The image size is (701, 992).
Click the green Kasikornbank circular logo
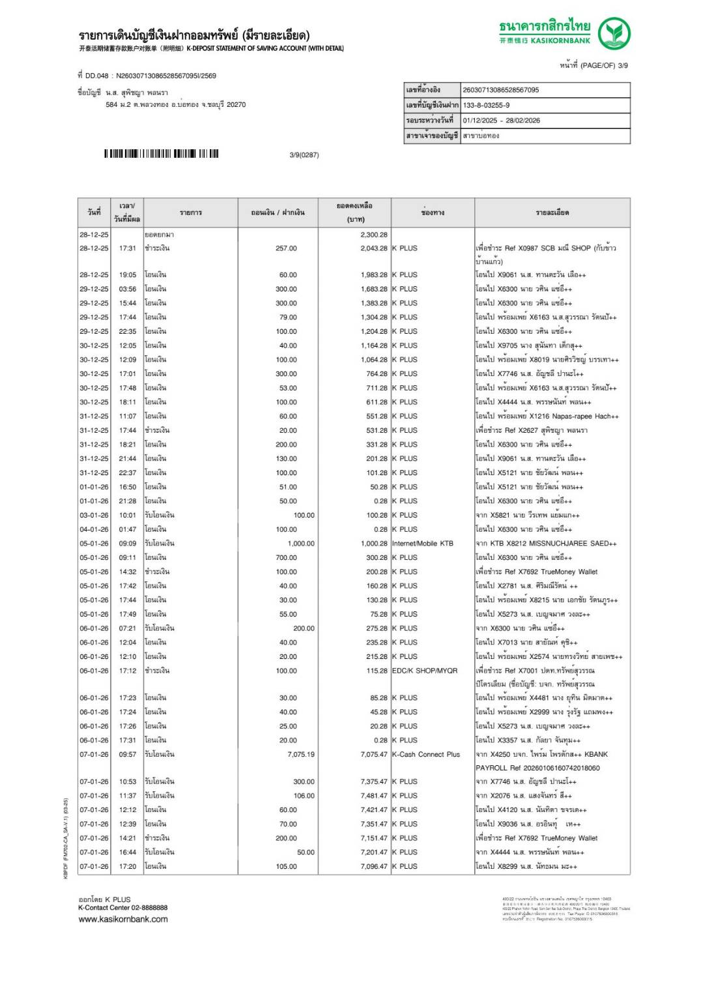614,33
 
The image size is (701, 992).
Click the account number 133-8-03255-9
486,105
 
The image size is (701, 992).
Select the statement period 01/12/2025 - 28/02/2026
501,121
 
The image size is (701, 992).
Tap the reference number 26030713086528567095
500,90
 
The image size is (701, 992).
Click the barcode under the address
161,154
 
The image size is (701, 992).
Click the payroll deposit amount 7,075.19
300,754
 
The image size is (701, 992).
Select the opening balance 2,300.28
373,235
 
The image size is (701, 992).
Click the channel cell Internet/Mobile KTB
422,543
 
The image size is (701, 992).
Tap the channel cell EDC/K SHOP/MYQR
424,671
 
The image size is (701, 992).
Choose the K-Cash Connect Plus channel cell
425,754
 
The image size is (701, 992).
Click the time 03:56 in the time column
128,289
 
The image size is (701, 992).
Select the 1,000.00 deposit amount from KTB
300,543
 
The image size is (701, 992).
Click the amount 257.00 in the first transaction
286,248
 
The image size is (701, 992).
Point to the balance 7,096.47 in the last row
373,866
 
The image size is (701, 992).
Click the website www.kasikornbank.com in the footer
123,919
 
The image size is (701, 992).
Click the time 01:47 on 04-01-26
128,529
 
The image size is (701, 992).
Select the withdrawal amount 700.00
286,557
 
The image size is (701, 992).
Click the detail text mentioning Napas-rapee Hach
547,416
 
